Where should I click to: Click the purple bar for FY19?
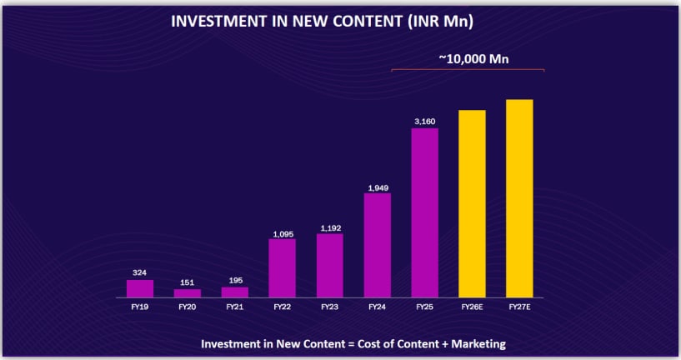click(x=140, y=288)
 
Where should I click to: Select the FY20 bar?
click(x=188, y=293)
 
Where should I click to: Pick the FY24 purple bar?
click(x=377, y=245)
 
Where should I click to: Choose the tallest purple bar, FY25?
click(x=424, y=212)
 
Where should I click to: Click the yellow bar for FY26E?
click(x=472, y=203)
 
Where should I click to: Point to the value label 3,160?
click(x=424, y=122)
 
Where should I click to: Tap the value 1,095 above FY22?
click(x=282, y=232)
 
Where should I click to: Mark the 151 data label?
click(x=188, y=282)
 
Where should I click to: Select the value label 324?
click(x=140, y=272)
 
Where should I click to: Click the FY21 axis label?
click(x=234, y=307)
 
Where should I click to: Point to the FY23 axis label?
click(x=329, y=307)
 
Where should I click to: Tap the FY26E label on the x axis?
click(x=472, y=307)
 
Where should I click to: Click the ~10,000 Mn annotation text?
click(x=473, y=58)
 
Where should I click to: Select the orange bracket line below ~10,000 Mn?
click(x=467, y=70)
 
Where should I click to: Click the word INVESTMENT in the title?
click(x=219, y=22)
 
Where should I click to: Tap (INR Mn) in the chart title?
click(x=440, y=22)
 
